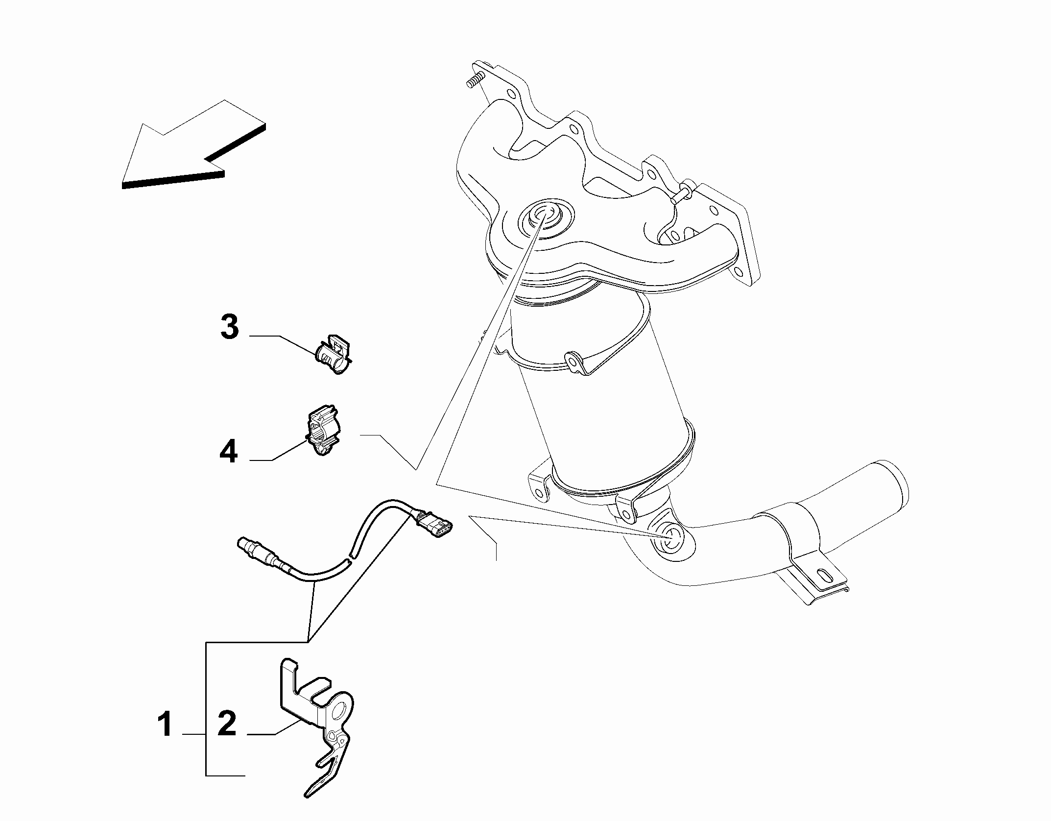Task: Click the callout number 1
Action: (165, 725)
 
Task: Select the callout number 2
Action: (227, 725)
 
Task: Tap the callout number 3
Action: (229, 327)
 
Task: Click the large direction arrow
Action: (194, 145)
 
